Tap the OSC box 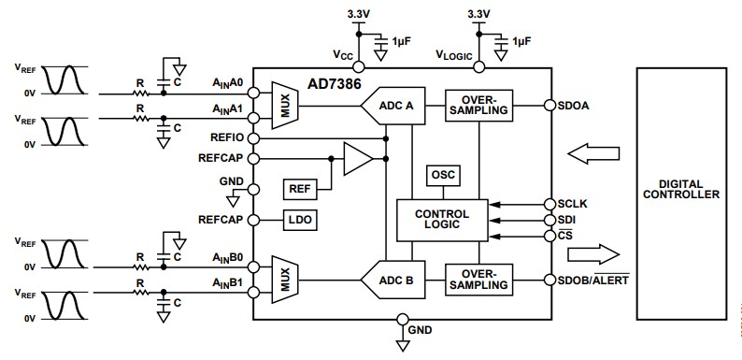coord(441,174)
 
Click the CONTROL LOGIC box coord(441,220)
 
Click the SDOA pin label coord(572,106)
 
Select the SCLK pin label coord(572,203)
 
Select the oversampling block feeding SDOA coord(478,106)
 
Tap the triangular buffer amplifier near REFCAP coord(356,159)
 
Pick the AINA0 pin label coord(229,83)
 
